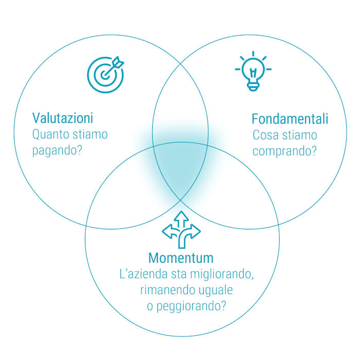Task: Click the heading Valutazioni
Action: (x=63, y=118)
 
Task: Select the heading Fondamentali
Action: (x=290, y=119)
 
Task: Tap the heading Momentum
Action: (x=181, y=258)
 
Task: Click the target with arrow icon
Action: (x=105, y=75)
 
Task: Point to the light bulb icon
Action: (x=253, y=71)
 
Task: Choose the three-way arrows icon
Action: (x=182, y=229)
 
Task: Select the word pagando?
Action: (x=57, y=151)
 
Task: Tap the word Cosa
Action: (x=266, y=135)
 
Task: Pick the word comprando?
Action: (x=285, y=151)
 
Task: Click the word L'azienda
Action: (x=143, y=274)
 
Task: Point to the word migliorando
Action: (x=222, y=274)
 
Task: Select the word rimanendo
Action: (x=168, y=290)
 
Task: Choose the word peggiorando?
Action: (x=191, y=307)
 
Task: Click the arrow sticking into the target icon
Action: (x=114, y=66)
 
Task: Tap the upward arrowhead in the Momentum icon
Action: (x=182, y=217)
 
